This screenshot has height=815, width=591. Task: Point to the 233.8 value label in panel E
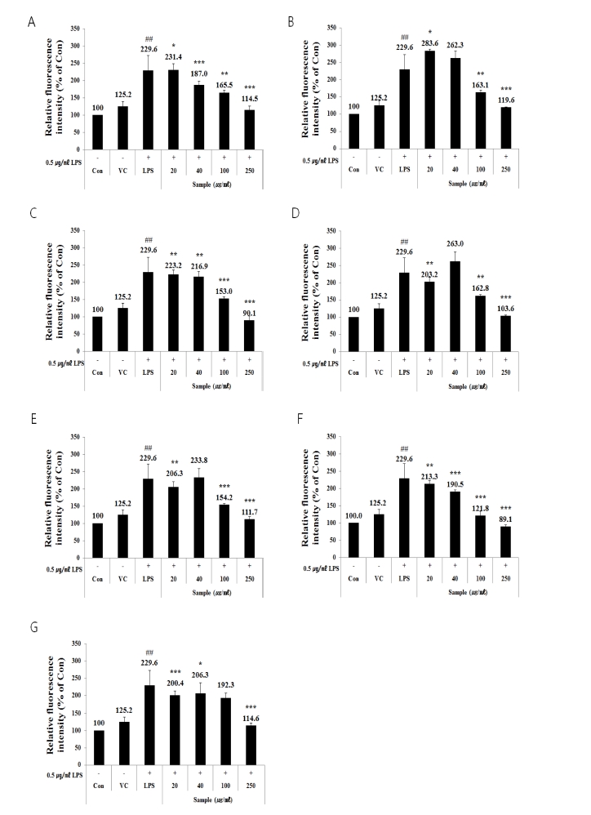coord(198,461)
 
